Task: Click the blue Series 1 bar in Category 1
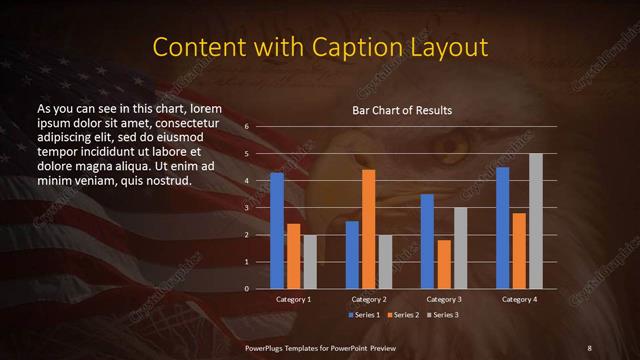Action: click(x=277, y=230)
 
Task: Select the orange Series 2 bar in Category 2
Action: click(x=368, y=229)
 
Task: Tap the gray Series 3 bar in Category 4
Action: click(x=536, y=221)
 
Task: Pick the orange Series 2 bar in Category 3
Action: click(x=443, y=264)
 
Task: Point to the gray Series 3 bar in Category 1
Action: click(x=309, y=261)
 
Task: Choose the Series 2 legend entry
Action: click(x=402, y=315)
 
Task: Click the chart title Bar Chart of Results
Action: click(x=402, y=110)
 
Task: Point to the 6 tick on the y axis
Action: click(x=246, y=127)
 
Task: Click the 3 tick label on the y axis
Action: click(x=246, y=208)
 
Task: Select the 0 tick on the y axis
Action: click(x=246, y=289)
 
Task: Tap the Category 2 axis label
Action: click(x=368, y=299)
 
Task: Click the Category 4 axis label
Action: click(x=519, y=299)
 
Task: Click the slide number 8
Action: click(x=589, y=347)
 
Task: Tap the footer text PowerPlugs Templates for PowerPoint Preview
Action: click(x=320, y=347)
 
